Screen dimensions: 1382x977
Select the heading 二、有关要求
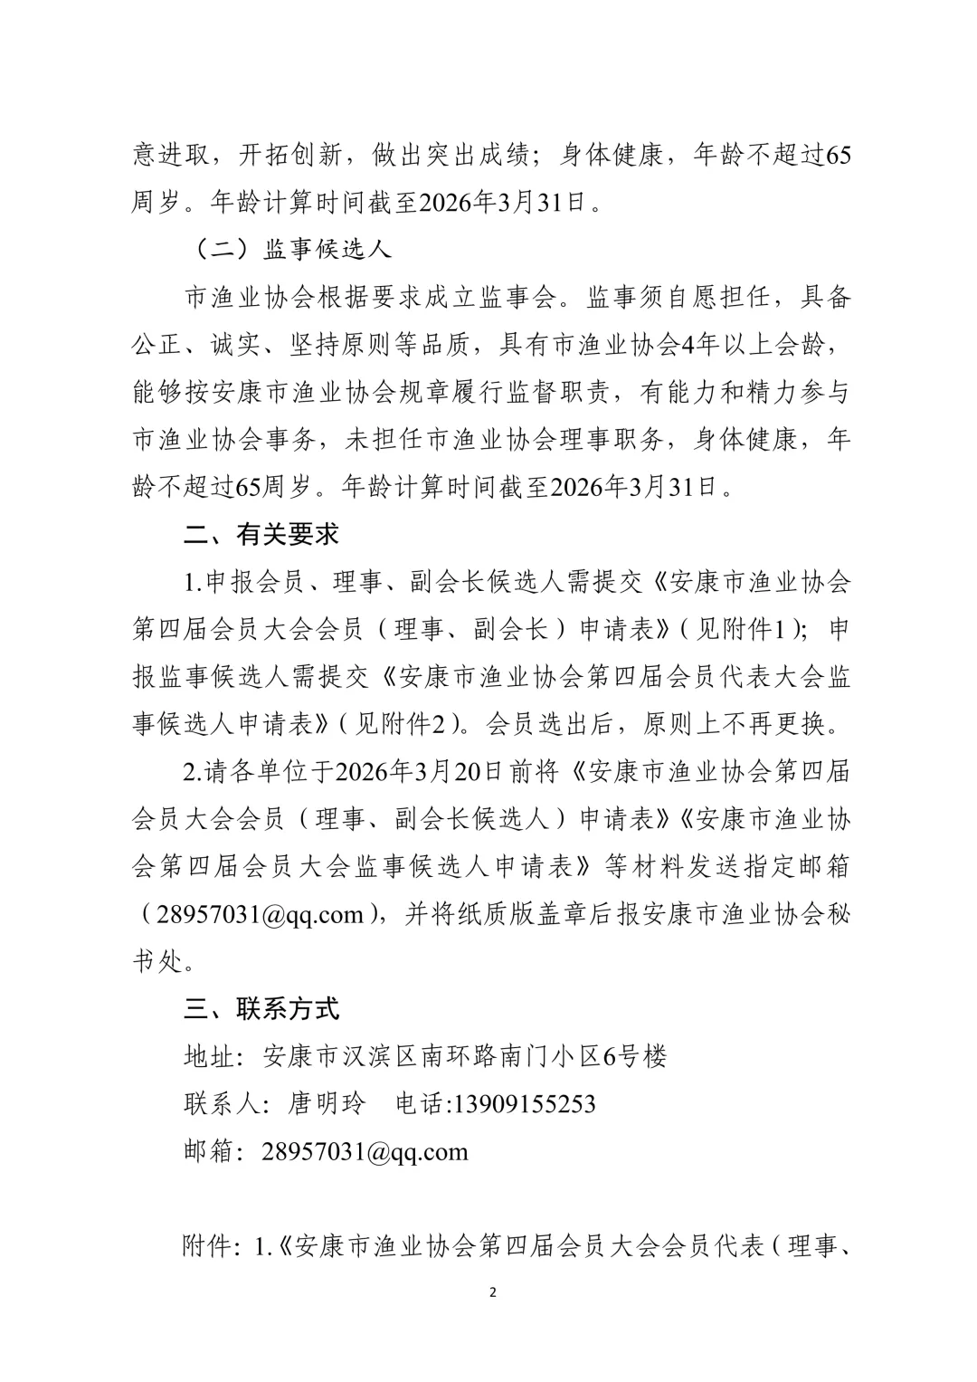[x=261, y=535]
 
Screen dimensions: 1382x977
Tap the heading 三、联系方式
[x=261, y=1007]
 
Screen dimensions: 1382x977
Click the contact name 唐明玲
[x=327, y=1103]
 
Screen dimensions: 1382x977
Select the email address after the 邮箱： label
[x=365, y=1151]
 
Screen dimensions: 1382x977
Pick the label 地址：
[x=213, y=1055]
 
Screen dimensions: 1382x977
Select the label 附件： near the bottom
[x=213, y=1247]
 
